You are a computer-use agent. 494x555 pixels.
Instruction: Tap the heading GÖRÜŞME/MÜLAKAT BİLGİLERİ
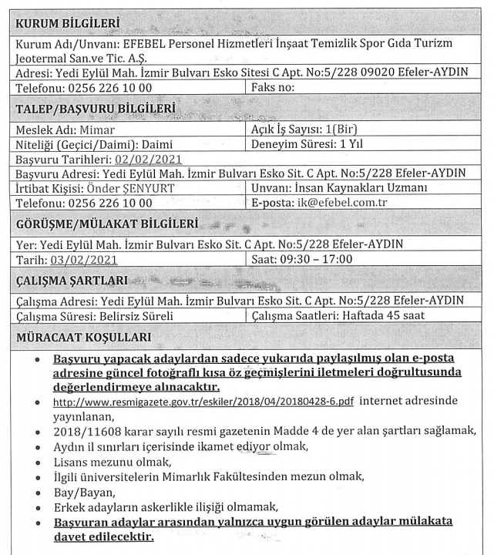click(x=107, y=225)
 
